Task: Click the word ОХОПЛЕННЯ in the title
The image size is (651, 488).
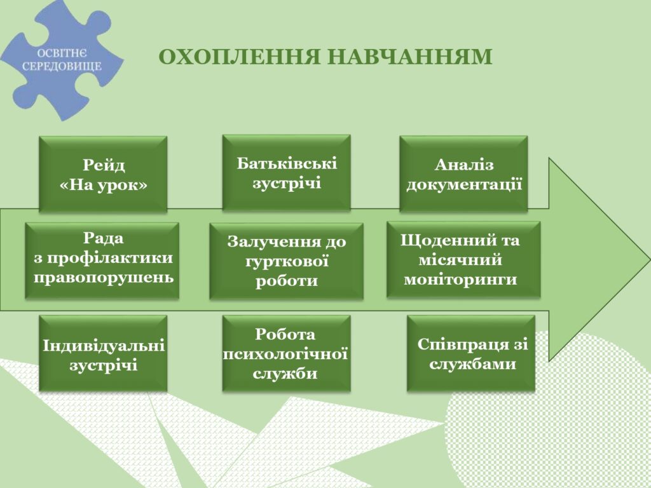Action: (240, 57)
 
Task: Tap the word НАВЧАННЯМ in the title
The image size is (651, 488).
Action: (410, 57)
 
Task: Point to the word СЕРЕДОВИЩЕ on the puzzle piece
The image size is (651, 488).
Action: (62, 66)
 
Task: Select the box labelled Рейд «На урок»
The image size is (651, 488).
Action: (103, 174)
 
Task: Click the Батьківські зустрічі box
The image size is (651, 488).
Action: (287, 173)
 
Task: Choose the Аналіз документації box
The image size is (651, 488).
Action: (463, 174)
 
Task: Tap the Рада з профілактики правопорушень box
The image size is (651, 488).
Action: (102, 260)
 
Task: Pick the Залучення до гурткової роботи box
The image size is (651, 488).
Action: (287, 261)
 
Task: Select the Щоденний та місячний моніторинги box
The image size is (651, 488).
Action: (463, 259)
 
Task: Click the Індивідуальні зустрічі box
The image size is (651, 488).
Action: (103, 353)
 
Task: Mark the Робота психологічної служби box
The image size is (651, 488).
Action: (287, 353)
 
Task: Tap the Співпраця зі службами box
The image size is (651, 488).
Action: (471, 353)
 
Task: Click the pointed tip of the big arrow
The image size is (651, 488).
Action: (649, 260)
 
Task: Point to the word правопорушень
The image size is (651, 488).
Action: (104, 278)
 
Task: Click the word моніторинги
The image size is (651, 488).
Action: (460, 279)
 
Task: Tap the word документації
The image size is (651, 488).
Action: (464, 184)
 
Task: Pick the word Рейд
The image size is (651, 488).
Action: (104, 165)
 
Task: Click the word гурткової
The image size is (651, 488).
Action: (287, 261)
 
